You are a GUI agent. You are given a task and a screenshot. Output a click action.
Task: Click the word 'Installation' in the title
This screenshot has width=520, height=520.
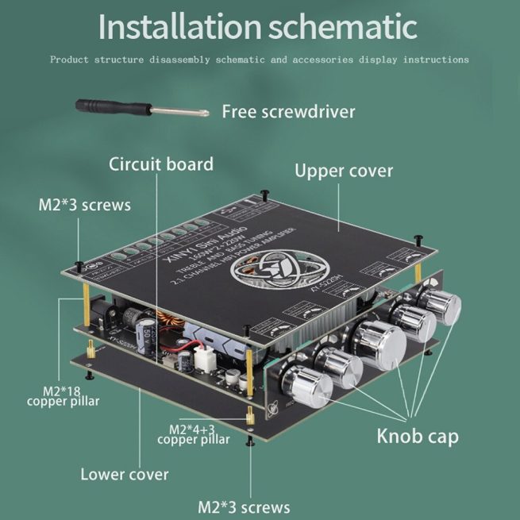pos(179,26)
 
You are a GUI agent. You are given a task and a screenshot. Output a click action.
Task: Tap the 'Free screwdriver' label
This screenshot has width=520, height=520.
pos(288,110)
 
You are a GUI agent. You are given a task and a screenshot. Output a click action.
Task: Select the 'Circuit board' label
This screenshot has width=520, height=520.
pos(161,164)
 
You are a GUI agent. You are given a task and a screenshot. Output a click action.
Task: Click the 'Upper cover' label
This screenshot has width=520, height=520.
pos(344,170)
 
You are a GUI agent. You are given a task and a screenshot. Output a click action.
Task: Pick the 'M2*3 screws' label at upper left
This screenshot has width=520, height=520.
pos(84,205)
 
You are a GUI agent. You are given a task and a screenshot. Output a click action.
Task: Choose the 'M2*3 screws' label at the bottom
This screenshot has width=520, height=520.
pos(244,507)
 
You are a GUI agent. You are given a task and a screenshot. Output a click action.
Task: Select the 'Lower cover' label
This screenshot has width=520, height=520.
pos(125,475)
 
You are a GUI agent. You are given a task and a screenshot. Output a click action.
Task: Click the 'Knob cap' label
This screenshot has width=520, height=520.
pos(417,436)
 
